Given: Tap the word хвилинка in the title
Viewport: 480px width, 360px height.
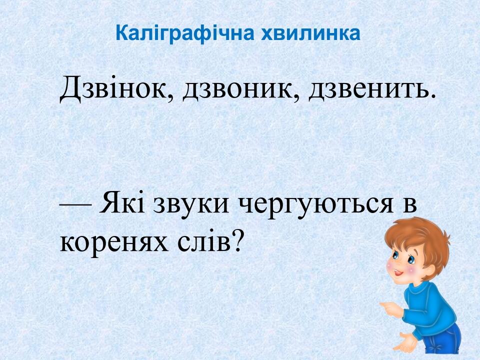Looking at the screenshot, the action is pyautogui.click(x=310, y=33).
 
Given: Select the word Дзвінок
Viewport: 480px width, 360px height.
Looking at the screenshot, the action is pyautogui.click(x=115, y=89).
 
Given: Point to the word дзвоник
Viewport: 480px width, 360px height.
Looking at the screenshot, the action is pyautogui.click(x=239, y=90).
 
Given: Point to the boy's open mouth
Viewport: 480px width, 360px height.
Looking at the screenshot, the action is pyautogui.click(x=397, y=272).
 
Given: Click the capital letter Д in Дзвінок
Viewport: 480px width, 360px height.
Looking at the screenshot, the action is pyautogui.click(x=71, y=89).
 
